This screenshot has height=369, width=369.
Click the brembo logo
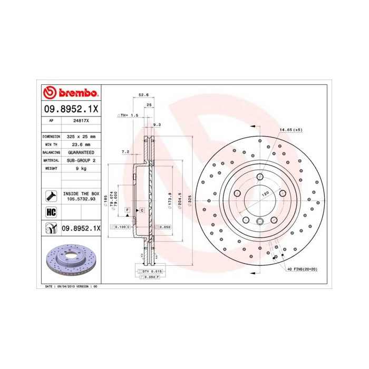pyautogui.click(x=70, y=93)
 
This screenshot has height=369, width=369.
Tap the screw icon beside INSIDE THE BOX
pyautogui.click(x=51, y=196)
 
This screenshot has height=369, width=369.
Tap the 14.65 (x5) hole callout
pyautogui.click(x=290, y=129)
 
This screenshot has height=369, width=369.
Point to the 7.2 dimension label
pyautogui.click(x=125, y=152)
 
